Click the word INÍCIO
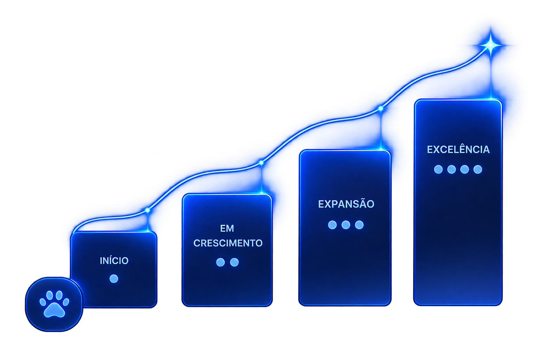[x=114, y=261]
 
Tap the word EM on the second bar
[x=227, y=229]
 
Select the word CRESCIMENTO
[x=228, y=243]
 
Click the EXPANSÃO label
[x=346, y=204]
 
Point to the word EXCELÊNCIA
[x=458, y=149]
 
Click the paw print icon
[x=54, y=304]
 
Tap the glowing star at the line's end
[x=490, y=45]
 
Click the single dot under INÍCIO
[x=114, y=279]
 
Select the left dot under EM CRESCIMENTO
[x=220, y=262]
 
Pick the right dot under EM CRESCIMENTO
[x=234, y=262]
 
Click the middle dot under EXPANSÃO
[x=346, y=225]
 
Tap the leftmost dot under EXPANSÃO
[x=332, y=225]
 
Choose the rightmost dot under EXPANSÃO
[x=359, y=225]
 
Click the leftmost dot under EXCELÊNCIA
[x=438, y=169]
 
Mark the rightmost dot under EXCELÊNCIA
[x=478, y=169]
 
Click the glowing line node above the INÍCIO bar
[x=148, y=210]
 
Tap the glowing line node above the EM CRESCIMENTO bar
[x=261, y=163]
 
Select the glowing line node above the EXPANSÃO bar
[x=381, y=109]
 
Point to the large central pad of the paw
[x=54, y=310]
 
